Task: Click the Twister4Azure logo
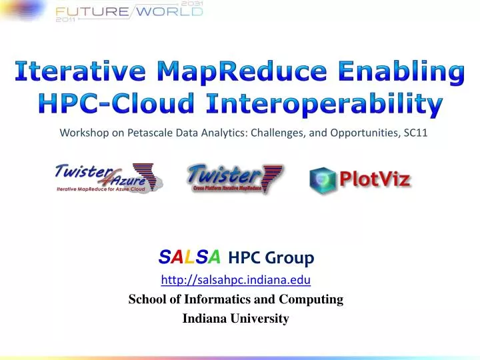click(x=109, y=177)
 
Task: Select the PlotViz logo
click(x=359, y=179)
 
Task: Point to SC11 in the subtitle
click(x=415, y=133)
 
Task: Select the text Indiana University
click(x=236, y=319)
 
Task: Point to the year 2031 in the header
click(x=191, y=3)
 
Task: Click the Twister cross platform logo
click(x=235, y=178)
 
